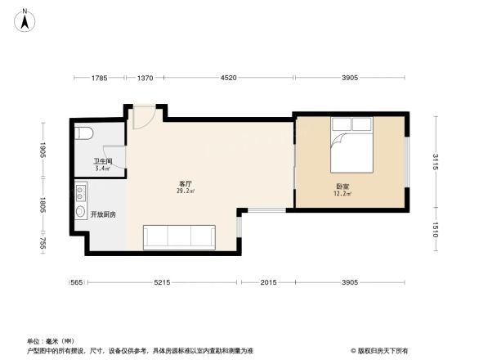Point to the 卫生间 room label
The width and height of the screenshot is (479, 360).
coord(102,162)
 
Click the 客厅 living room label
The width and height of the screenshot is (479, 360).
coord(186,184)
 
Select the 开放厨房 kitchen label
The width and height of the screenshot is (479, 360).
coord(103,214)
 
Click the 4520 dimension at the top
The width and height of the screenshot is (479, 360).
coord(229,78)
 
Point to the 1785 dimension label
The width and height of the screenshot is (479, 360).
coord(99,78)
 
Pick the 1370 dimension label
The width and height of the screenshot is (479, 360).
coord(145,78)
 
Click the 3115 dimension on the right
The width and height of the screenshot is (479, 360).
coord(436,162)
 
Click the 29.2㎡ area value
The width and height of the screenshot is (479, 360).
coord(186,191)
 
